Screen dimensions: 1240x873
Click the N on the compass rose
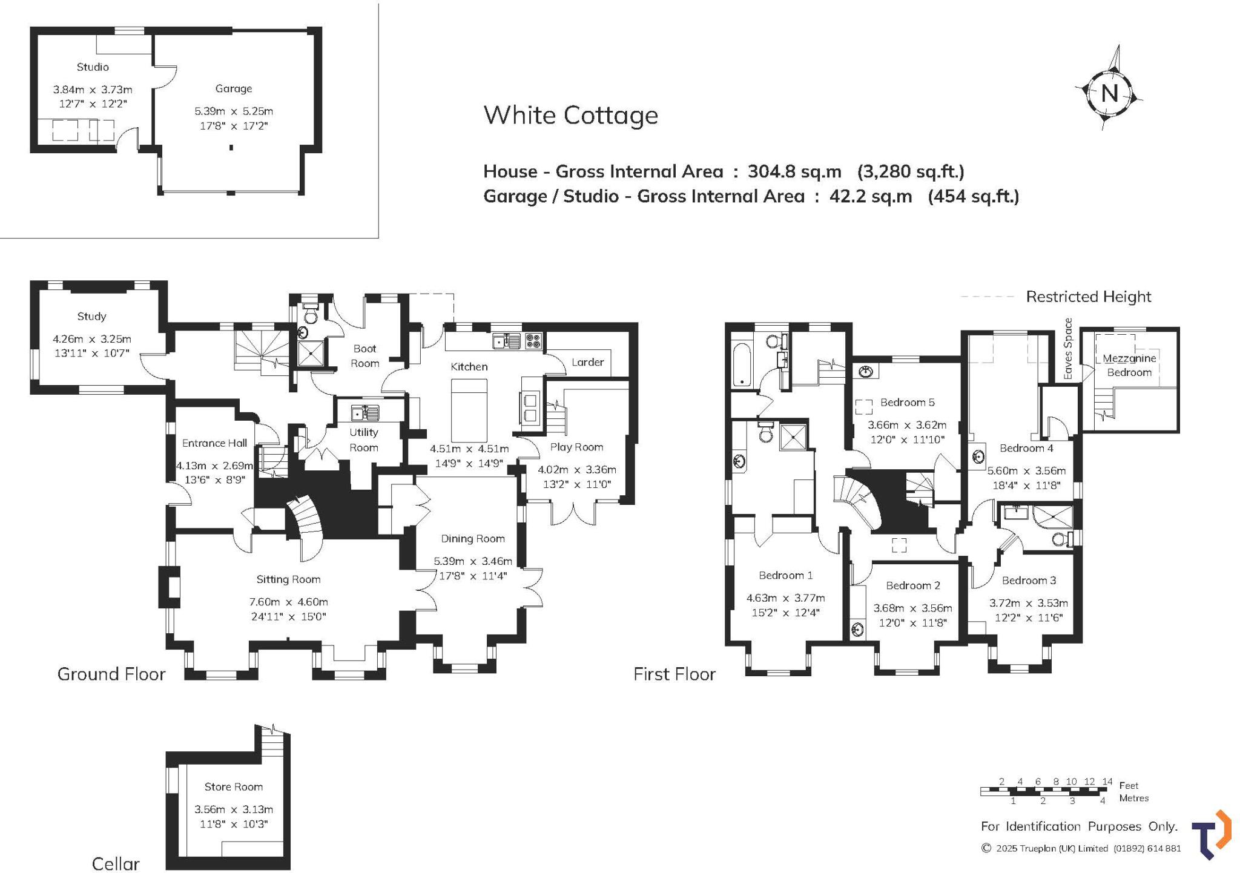click(1109, 93)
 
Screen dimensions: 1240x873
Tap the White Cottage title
click(570, 115)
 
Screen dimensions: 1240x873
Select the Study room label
click(91, 317)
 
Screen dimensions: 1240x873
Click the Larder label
click(587, 362)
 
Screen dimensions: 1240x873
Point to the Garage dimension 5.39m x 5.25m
click(234, 111)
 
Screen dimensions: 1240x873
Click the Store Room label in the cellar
click(233, 786)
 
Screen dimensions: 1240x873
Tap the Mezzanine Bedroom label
click(1129, 365)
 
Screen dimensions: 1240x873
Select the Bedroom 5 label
click(907, 402)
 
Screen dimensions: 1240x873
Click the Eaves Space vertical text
click(1068, 349)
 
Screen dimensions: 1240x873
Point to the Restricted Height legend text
click(1088, 297)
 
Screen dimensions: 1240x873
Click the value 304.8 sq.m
click(794, 171)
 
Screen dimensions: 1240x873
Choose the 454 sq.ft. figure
click(974, 196)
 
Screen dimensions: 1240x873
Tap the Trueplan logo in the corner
click(1212, 835)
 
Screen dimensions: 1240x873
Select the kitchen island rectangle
click(469, 410)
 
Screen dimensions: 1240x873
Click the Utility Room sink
click(366, 413)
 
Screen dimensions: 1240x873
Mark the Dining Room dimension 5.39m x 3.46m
click(473, 561)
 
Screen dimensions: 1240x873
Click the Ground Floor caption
click(111, 674)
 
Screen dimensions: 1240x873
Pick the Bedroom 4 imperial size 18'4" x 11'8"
click(1026, 485)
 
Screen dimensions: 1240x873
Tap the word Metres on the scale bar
click(1133, 798)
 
